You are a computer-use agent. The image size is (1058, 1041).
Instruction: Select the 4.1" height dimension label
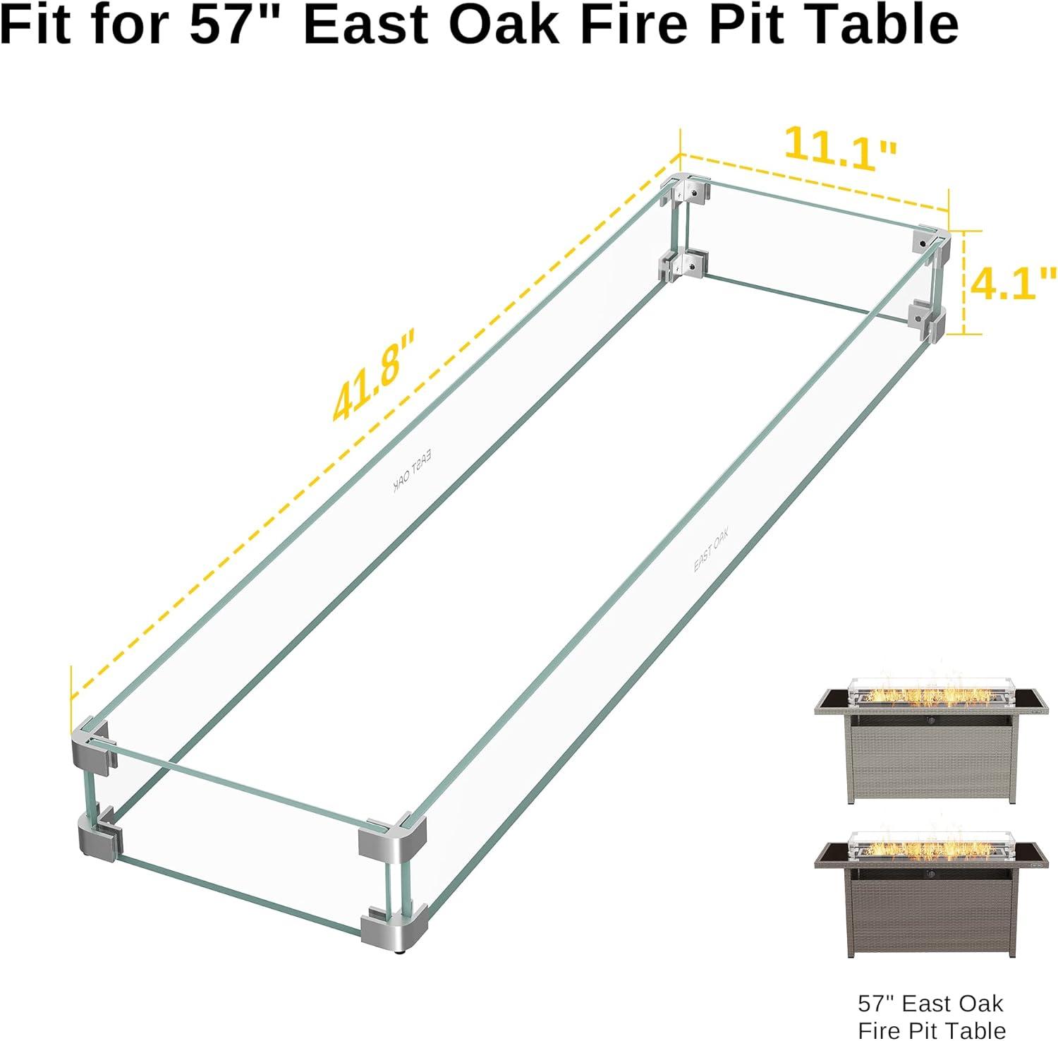pyautogui.click(x=1013, y=283)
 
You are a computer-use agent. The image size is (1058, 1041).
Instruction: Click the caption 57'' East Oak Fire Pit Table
pyautogui.click(x=931, y=1016)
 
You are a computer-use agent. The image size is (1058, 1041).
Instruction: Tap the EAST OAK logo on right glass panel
pyautogui.click(x=711, y=550)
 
